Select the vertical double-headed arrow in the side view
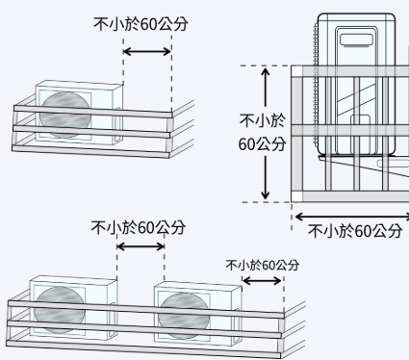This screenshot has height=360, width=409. coord(266,134)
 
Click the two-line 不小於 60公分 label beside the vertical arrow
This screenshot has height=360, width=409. coord(262,132)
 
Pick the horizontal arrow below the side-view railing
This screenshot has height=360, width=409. coord(350,217)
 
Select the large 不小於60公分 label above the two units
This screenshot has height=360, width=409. coord(139,228)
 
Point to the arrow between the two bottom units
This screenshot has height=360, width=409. coord(141,247)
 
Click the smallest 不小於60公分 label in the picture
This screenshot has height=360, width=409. coord(262,265)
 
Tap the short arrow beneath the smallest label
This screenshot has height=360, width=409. coord(262,281)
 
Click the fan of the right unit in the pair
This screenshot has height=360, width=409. coord(183,314)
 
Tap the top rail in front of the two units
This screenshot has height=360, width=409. coord(144,307)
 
